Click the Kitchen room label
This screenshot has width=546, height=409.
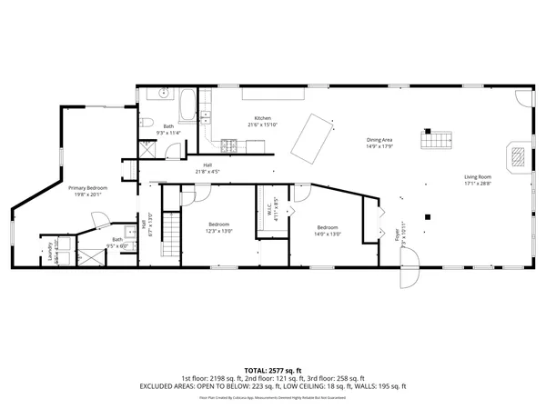tap(262, 118)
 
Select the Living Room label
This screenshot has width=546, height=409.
tap(478, 177)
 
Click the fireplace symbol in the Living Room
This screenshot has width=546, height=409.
tap(516, 155)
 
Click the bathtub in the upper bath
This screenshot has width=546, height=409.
tap(187, 105)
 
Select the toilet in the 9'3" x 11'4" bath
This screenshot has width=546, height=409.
tap(147, 124)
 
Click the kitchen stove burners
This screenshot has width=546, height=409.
tap(227, 143)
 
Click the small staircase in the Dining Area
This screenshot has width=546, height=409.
tap(436, 139)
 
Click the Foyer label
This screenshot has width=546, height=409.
tap(397, 235)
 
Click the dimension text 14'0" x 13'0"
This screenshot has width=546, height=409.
tap(329, 234)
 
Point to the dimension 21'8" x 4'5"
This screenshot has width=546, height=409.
tap(207, 171)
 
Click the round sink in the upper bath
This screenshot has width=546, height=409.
tap(164, 94)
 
